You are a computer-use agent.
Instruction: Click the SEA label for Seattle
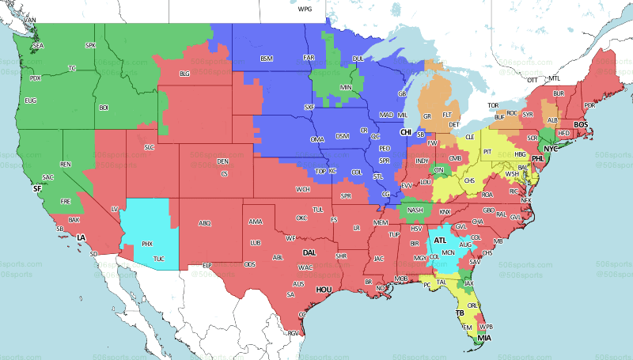tap(37, 47)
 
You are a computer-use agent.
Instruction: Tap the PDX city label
tap(35, 78)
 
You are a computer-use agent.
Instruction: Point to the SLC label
tap(148, 147)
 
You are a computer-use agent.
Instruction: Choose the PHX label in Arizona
tap(147, 244)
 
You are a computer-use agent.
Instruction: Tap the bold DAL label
tap(310, 252)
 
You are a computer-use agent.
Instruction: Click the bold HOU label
tap(323, 290)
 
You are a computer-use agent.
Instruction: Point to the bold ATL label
tap(440, 241)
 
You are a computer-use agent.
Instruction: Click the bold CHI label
tap(406, 132)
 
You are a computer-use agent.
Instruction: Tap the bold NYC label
tap(551, 148)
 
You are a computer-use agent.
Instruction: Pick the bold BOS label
tap(581, 124)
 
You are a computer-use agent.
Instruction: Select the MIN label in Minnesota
tap(346, 86)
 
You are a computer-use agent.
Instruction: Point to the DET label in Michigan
tap(454, 125)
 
